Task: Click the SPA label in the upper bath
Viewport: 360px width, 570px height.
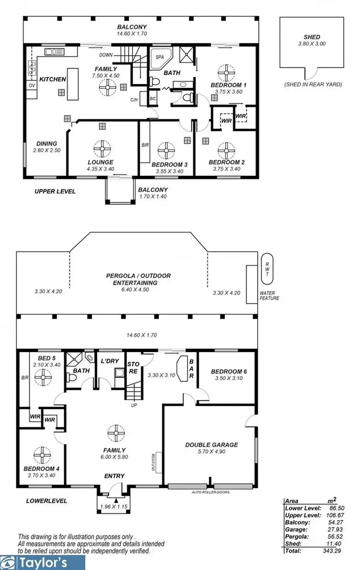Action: coord(159,57)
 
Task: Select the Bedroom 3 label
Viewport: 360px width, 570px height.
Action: coord(169,164)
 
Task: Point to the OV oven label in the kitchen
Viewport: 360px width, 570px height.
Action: coord(32,85)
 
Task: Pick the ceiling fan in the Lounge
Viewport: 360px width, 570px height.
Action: coord(102,148)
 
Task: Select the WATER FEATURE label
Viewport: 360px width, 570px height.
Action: coord(269,295)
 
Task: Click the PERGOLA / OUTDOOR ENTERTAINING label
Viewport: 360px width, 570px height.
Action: coord(138,279)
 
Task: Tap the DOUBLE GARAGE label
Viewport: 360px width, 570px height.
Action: coord(211,445)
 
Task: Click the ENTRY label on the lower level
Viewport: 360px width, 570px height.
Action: coord(114,476)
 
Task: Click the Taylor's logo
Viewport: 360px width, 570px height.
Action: coord(43,562)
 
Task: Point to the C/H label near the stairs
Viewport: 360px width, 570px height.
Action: coord(134,100)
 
